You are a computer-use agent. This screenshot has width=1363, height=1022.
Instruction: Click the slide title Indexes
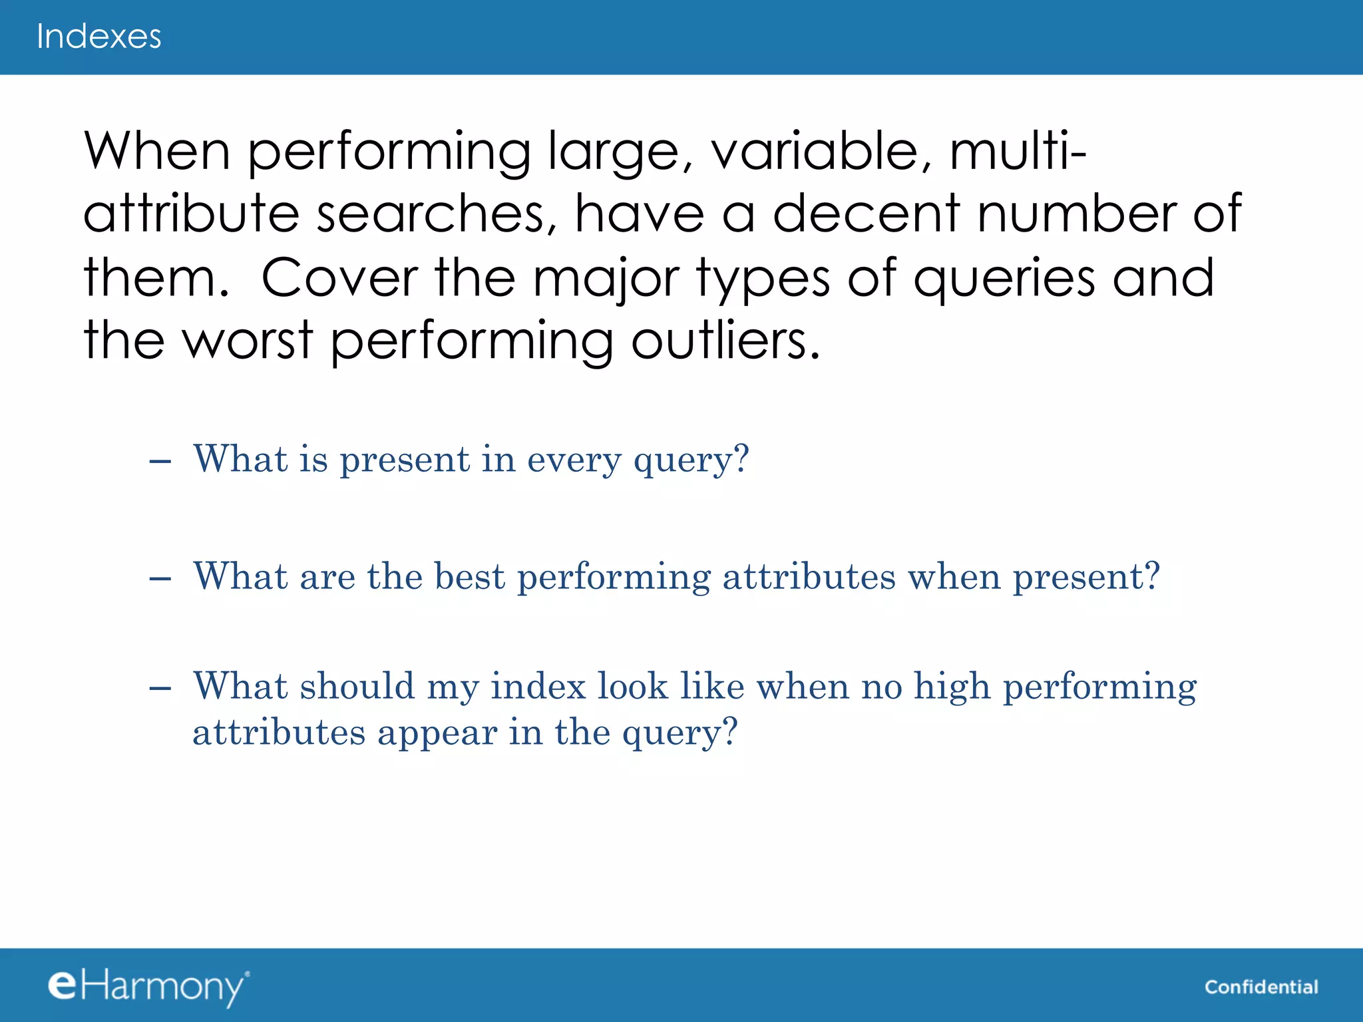click(x=98, y=37)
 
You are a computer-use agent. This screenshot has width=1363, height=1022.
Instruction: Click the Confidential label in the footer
click(x=1261, y=987)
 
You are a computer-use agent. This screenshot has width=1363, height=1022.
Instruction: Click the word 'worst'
click(x=248, y=340)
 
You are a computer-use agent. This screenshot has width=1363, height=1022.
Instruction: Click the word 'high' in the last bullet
click(x=952, y=687)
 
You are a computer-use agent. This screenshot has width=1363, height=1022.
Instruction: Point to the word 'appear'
click(x=437, y=733)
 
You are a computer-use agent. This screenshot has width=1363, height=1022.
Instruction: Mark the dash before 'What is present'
click(x=160, y=460)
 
